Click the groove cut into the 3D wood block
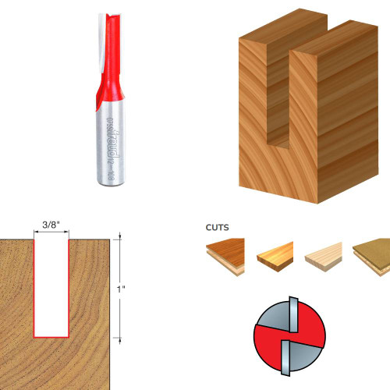click(x=280, y=101)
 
